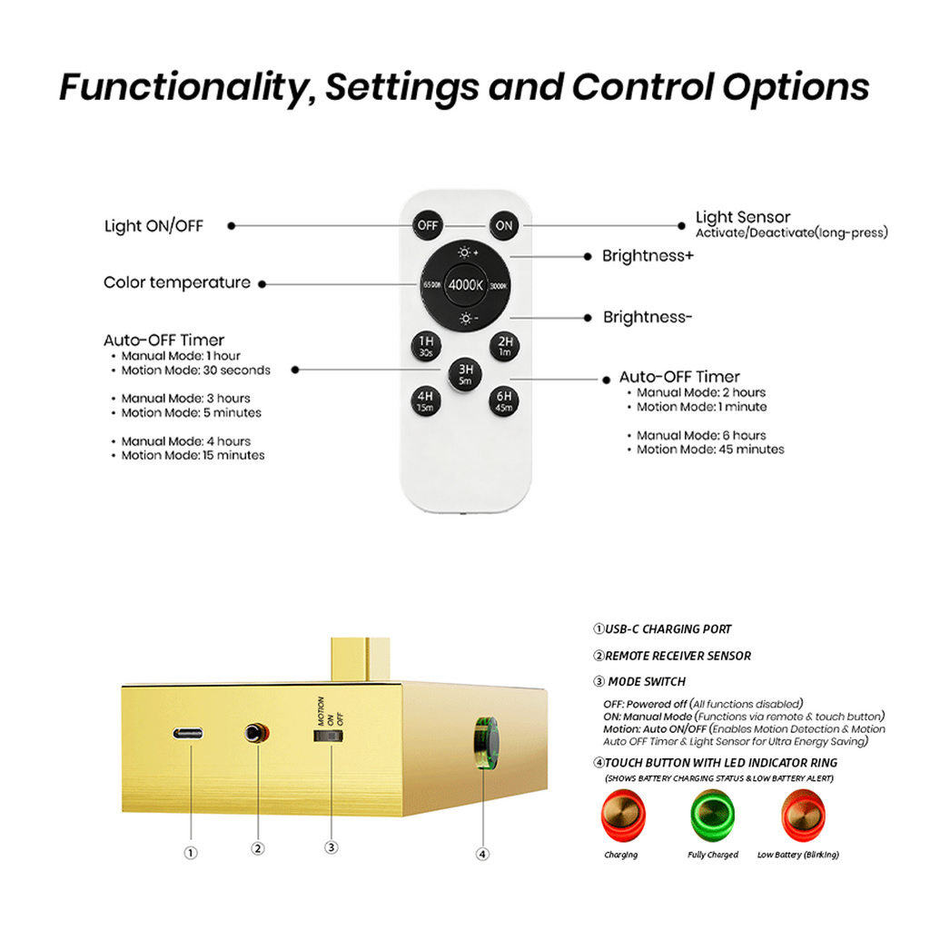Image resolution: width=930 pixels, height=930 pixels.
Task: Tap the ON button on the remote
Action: (x=503, y=225)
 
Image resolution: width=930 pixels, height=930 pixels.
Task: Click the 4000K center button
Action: (x=466, y=285)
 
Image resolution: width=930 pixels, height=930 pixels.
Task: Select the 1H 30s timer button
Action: (x=426, y=346)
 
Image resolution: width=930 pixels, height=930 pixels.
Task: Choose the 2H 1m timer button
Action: (x=505, y=346)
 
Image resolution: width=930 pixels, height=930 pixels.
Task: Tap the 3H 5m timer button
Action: (x=465, y=373)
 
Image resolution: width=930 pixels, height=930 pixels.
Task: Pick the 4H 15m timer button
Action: (x=425, y=401)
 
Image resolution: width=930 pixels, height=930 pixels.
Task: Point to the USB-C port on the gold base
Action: (x=188, y=734)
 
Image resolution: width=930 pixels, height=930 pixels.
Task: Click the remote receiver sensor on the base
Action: (x=255, y=734)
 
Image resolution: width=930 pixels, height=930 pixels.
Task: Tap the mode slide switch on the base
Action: (x=329, y=736)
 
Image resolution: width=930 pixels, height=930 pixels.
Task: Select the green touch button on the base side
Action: (x=486, y=743)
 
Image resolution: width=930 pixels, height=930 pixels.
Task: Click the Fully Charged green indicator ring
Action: (x=712, y=816)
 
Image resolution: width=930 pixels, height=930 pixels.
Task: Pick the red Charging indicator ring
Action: (x=623, y=816)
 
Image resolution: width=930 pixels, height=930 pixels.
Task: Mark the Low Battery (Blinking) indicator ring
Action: (x=803, y=816)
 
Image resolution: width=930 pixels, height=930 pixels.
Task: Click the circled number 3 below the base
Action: (x=331, y=847)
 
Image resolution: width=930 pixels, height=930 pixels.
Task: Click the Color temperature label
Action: (x=177, y=282)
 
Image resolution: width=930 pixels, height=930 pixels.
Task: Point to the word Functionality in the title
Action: (x=187, y=88)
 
